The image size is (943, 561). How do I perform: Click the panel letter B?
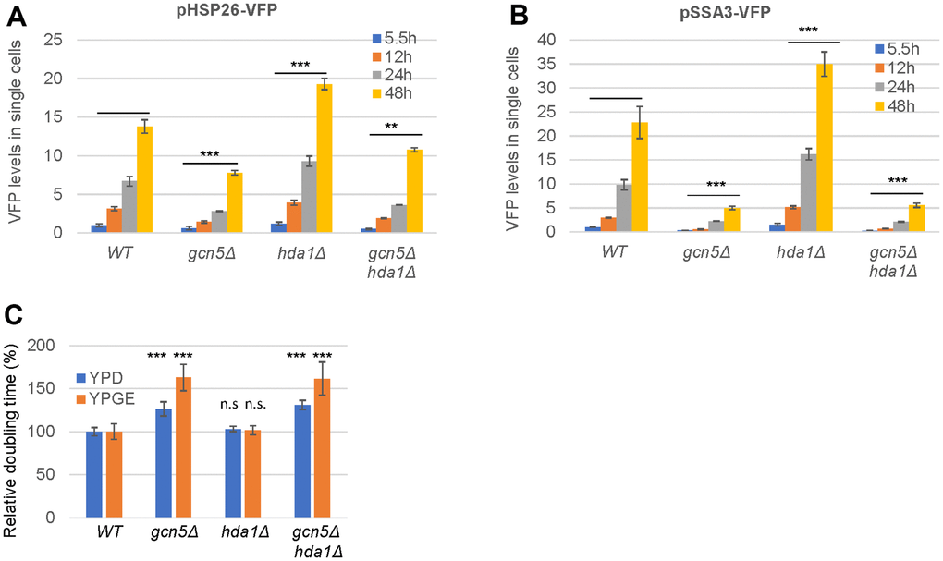pyautogui.click(x=520, y=15)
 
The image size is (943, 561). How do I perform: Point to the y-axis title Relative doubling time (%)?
pyautogui.click(x=12, y=431)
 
